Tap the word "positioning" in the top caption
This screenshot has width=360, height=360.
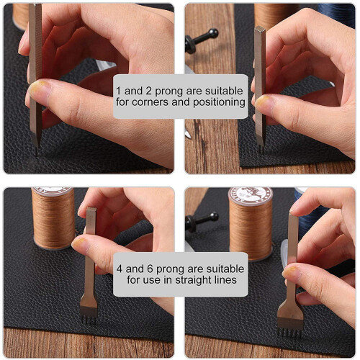(219, 102)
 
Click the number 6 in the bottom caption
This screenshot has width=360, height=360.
(150, 269)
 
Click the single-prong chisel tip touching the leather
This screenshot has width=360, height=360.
(36, 152)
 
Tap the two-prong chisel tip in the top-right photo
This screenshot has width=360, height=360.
(261, 149)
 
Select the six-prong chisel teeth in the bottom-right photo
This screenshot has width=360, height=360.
(289, 333)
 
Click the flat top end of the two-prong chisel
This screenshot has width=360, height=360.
(260, 30)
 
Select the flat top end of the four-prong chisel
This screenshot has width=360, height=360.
(91, 209)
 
